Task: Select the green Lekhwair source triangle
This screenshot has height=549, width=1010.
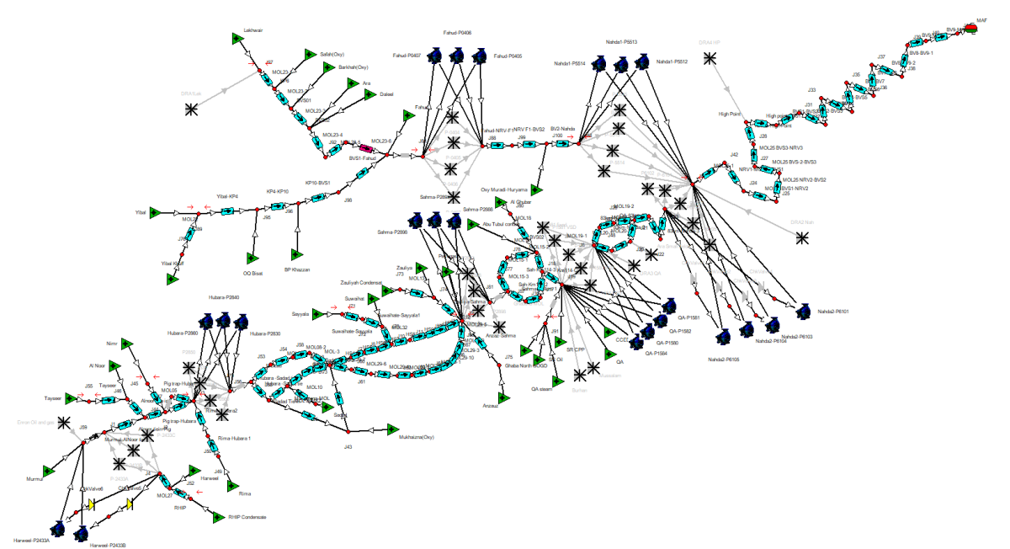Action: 237,38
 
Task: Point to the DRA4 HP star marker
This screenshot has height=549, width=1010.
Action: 711,57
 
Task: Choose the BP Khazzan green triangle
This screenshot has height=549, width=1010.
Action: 295,254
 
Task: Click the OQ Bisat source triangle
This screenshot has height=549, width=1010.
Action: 250,258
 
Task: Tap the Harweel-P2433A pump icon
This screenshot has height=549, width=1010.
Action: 58,528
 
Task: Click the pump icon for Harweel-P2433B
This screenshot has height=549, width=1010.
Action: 82,533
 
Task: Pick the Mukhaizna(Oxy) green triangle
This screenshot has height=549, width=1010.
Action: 391,428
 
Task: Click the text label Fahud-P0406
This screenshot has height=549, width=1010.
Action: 457,33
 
